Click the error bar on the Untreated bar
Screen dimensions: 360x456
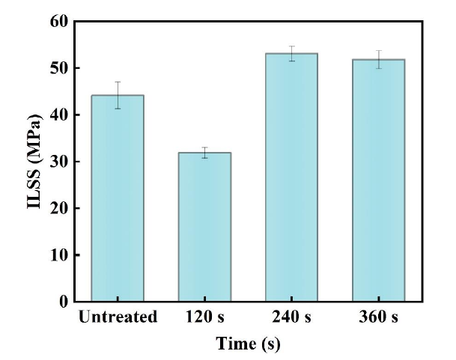[118, 95]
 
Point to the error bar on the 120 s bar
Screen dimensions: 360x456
[204, 153]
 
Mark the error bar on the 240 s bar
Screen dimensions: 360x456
[291, 53]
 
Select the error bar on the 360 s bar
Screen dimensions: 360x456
[378, 59]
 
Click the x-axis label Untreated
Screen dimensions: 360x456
[118, 317]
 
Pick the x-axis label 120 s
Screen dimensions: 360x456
[204, 317]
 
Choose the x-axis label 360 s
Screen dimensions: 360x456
[378, 317]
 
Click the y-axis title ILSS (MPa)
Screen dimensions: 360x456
[34, 161]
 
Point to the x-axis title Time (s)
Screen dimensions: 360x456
[248, 344]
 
